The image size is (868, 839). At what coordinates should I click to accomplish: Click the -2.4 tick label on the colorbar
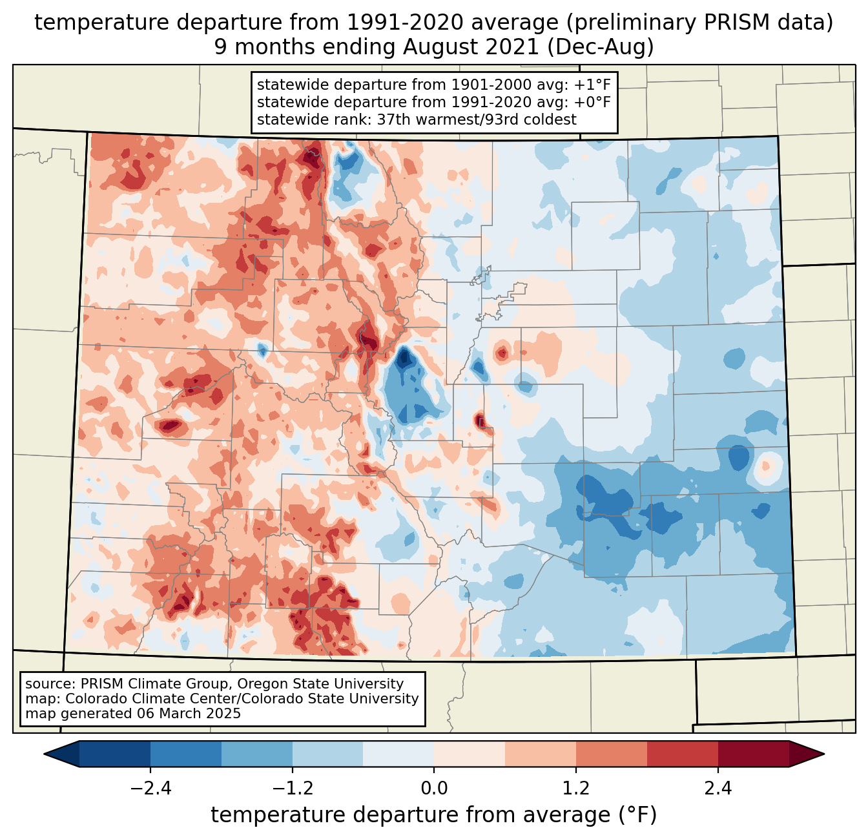tap(150, 789)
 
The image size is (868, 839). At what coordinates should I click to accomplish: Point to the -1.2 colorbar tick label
tap(293, 789)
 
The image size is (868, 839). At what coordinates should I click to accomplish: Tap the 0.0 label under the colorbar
tap(434, 789)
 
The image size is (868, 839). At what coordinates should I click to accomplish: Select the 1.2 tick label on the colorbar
tap(576, 789)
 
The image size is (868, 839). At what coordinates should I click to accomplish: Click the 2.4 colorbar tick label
tap(718, 789)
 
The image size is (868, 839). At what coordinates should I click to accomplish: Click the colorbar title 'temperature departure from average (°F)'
tap(434, 815)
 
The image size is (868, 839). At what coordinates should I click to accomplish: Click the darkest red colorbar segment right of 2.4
tap(753, 754)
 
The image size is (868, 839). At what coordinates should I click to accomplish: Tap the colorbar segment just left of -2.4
tap(115, 754)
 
